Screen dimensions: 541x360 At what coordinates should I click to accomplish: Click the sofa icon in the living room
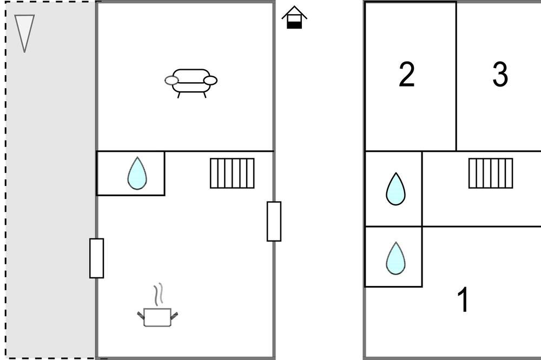click(191, 83)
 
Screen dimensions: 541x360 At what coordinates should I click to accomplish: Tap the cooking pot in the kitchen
click(157, 317)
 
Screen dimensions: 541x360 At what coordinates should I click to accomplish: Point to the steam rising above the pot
click(159, 295)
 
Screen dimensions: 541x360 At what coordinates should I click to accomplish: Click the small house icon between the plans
click(294, 17)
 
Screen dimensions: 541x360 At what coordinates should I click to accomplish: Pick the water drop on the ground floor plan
click(137, 173)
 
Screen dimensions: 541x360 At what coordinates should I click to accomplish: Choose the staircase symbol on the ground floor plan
click(232, 173)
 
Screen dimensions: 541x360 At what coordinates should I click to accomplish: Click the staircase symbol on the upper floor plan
click(491, 173)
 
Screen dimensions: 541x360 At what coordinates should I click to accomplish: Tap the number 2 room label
click(406, 74)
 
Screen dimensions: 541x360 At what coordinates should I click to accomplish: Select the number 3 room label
click(500, 74)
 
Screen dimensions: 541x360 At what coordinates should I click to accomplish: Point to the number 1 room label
click(464, 299)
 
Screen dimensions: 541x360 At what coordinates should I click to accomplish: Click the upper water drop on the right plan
click(396, 189)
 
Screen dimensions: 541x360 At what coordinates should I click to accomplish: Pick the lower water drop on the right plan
click(396, 258)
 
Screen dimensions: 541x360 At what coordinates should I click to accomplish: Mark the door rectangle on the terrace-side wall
click(97, 258)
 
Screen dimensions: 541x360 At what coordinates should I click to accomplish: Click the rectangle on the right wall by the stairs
click(274, 222)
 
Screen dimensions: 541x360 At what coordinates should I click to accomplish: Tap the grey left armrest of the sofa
click(171, 81)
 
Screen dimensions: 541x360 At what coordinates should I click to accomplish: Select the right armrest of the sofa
click(210, 81)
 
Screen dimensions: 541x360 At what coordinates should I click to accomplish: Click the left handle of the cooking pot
click(141, 315)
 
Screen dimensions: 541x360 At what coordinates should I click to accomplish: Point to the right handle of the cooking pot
click(174, 315)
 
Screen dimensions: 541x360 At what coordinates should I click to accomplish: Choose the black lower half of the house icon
click(294, 25)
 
